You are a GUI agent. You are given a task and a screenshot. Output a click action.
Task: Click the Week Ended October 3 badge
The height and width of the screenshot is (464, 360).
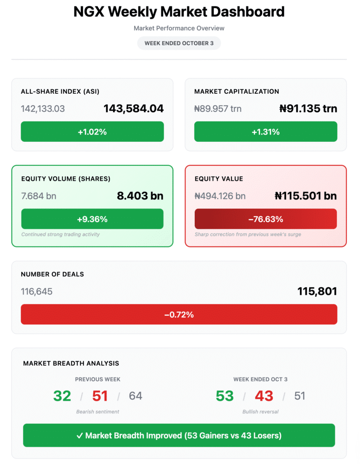point(179,43)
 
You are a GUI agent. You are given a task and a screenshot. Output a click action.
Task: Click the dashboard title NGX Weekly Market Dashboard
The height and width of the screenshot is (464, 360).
point(179,12)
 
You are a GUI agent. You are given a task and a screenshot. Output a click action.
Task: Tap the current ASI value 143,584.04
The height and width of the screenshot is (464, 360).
point(134,109)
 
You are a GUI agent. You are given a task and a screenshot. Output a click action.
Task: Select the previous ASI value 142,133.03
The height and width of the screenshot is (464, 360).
point(43,109)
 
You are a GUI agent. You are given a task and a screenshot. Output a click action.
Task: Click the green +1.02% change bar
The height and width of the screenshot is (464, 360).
point(92,132)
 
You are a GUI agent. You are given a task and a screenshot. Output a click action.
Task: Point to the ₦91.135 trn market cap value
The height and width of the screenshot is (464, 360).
point(308,109)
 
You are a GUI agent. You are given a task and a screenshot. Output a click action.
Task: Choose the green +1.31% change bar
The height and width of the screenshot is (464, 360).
point(266,132)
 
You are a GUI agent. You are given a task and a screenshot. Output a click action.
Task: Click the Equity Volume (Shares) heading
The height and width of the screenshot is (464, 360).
point(66,179)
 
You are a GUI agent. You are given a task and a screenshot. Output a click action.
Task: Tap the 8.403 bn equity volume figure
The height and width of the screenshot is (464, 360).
point(139,196)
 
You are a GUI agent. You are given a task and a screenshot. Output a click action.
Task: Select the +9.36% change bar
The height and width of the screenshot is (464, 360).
point(92,219)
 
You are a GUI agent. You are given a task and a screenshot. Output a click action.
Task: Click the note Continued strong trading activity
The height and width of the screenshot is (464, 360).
point(60,234)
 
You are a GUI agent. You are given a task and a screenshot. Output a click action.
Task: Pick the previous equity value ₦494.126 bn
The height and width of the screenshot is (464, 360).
point(220,196)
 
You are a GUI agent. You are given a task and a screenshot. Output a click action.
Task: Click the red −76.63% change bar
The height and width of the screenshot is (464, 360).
point(266,219)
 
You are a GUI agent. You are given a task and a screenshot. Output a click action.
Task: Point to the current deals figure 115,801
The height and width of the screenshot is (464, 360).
point(317,291)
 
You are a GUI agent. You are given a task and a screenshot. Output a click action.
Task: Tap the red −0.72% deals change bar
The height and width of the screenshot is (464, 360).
point(179,314)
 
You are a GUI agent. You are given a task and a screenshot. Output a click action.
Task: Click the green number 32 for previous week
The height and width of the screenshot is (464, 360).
point(62,396)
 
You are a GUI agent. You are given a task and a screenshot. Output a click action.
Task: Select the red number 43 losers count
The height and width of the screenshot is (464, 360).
point(264,396)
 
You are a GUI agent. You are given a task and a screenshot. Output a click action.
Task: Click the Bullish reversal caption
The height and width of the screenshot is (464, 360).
point(260,412)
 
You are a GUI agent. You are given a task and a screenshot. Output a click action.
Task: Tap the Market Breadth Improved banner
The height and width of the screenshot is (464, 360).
point(179,435)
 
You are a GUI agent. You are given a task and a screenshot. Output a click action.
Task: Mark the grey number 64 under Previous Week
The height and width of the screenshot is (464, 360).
point(135,396)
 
